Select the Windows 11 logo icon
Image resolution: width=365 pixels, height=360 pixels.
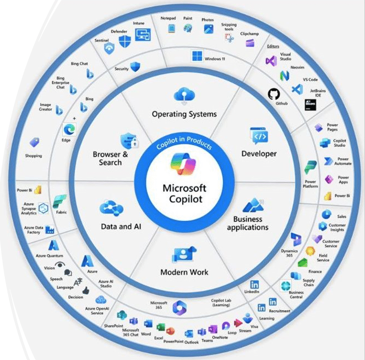tap(197, 56)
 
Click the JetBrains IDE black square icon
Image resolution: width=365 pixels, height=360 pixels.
tap(311, 104)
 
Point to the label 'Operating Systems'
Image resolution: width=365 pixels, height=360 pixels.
tap(184, 114)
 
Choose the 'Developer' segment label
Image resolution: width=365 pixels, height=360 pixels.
tap(259, 154)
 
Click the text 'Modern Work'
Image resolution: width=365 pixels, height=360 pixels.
tap(184, 272)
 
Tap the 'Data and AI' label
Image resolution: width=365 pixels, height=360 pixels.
tap(121, 226)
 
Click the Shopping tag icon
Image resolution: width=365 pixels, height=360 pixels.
tap(35, 143)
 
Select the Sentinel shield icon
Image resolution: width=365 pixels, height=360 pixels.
tap(109, 49)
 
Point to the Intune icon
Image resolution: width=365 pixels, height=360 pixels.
tap(142, 35)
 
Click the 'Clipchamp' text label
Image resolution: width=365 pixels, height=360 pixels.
tap(249, 34)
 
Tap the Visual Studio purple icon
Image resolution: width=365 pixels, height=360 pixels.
tap(271, 60)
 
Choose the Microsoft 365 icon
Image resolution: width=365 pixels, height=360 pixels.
tap(179, 308)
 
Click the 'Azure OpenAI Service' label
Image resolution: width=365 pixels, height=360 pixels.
tap(97, 311)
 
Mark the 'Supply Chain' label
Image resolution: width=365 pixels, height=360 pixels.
tap(308, 283)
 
